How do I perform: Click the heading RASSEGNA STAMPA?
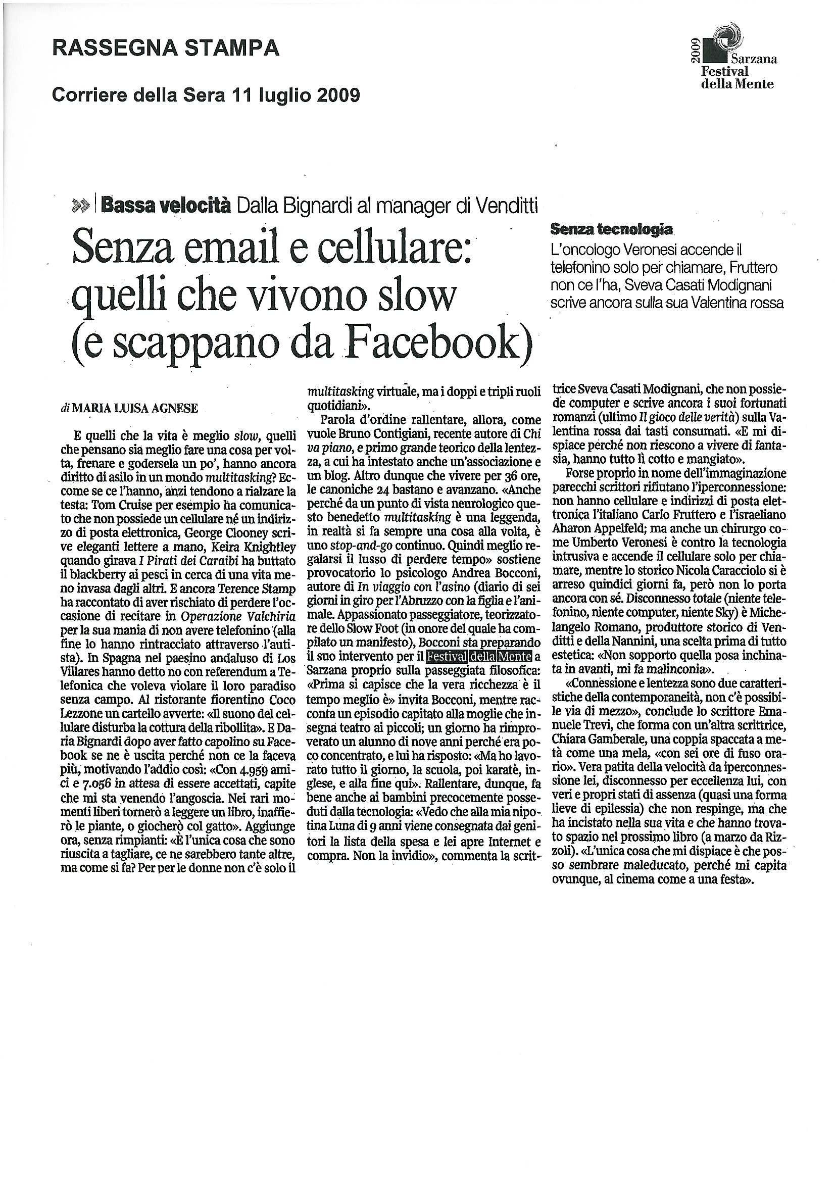[x=166, y=48]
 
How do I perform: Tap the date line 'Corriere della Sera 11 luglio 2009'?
[x=206, y=95]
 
